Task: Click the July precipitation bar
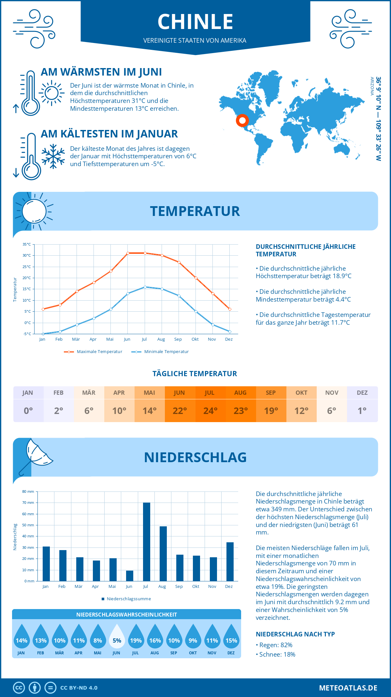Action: pyautogui.click(x=147, y=542)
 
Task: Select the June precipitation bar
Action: pyautogui.click(x=130, y=576)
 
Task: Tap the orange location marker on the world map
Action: pyautogui.click(x=242, y=121)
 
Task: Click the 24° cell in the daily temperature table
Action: pyautogui.click(x=210, y=411)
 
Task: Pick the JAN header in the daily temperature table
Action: pyautogui.click(x=28, y=392)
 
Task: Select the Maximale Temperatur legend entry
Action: pyautogui.click(x=93, y=351)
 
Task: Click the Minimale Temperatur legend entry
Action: pyautogui.click(x=160, y=351)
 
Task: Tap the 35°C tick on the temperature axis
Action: pyautogui.click(x=27, y=244)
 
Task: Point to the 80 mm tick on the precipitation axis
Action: pyautogui.click(x=28, y=491)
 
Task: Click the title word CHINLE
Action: pyautogui.click(x=195, y=22)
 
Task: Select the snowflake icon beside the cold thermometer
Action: pyautogui.click(x=53, y=156)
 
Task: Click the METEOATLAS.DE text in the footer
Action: pyautogui.click(x=348, y=688)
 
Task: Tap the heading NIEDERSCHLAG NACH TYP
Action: pyautogui.click(x=295, y=634)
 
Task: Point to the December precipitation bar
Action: pyautogui.click(x=230, y=562)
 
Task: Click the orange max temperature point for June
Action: pyautogui.click(x=128, y=253)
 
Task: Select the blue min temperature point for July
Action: pyautogui.click(x=145, y=287)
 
